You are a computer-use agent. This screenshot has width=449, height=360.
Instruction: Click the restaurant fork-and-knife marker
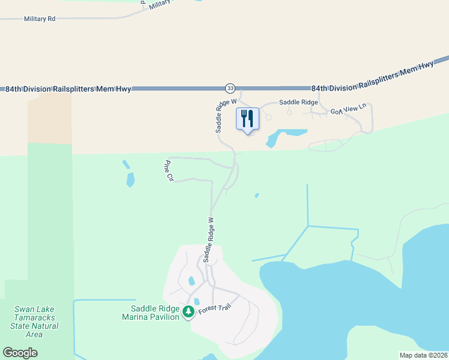[x=247, y=119]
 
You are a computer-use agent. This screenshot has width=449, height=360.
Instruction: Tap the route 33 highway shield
[x=231, y=88]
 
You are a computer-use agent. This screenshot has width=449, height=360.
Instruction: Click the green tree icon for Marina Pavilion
[x=188, y=311]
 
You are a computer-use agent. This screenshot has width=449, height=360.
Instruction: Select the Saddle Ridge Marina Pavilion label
[x=151, y=313]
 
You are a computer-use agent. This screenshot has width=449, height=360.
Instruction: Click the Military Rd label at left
[x=40, y=19]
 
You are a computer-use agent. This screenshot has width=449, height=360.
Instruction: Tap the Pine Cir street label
[x=169, y=170]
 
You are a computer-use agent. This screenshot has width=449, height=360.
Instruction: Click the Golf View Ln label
[x=348, y=111]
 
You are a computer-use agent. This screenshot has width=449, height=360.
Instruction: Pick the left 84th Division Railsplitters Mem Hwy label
[x=68, y=89]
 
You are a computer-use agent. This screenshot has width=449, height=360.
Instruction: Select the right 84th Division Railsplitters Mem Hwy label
[x=372, y=76]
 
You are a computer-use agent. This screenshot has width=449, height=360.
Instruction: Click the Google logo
[x=20, y=353]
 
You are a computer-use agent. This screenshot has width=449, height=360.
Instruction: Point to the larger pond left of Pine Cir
[x=130, y=179]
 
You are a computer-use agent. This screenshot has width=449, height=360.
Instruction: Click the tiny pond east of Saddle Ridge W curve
[x=257, y=195]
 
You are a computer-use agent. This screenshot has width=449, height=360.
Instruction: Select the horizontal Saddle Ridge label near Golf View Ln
[x=294, y=103]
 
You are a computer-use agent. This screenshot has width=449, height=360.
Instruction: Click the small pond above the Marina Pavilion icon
[x=191, y=280]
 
